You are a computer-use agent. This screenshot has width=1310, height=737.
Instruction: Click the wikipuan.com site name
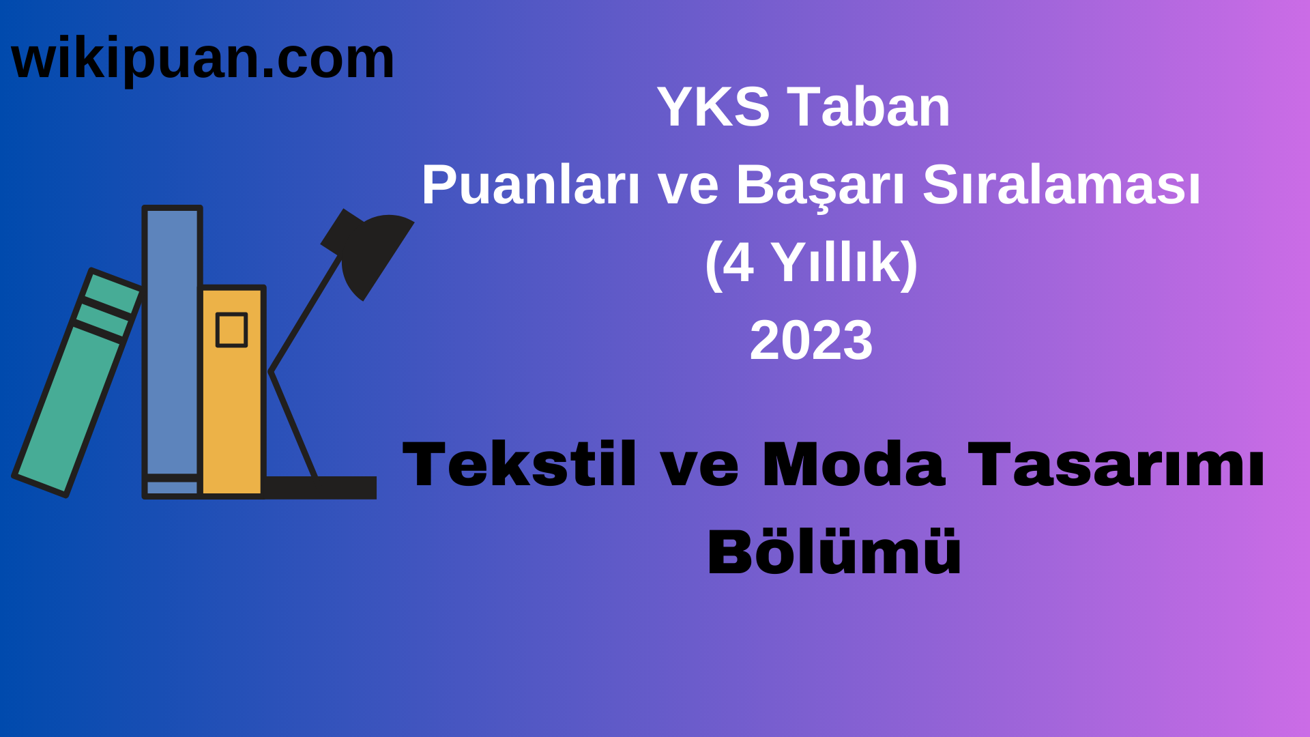pyautogui.click(x=203, y=59)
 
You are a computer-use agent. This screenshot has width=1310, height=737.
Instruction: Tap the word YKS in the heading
pyautogui.click(x=713, y=107)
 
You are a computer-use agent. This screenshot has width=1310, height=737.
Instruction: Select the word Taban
pyautogui.click(x=869, y=107)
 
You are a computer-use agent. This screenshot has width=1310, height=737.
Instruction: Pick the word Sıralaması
pyautogui.click(x=1061, y=186)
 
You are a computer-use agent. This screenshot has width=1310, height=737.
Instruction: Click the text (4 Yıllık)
pyautogui.click(x=811, y=263)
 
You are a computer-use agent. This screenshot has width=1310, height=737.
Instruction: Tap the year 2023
pyautogui.click(x=811, y=341)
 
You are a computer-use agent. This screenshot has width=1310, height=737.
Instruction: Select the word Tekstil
pyautogui.click(x=520, y=465)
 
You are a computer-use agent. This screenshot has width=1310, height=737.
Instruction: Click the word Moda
pyautogui.click(x=854, y=465)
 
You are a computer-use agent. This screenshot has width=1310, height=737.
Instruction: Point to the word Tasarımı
pyautogui.click(x=1116, y=465)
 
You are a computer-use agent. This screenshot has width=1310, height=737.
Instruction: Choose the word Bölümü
pyautogui.click(x=834, y=552)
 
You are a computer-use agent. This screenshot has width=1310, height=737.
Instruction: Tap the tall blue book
pyautogui.click(x=172, y=341)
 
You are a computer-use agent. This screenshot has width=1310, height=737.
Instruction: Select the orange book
pyautogui.click(x=232, y=409)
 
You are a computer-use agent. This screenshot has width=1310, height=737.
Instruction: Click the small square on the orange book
pyautogui.click(x=231, y=330)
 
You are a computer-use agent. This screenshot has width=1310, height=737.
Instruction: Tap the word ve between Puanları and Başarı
pyautogui.click(x=688, y=186)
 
